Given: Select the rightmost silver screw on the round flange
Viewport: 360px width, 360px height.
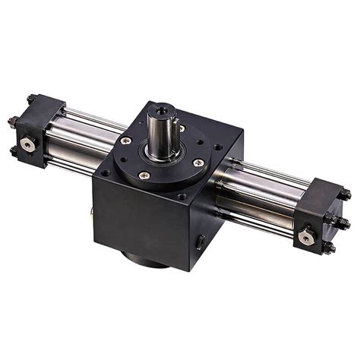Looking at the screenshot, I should click(x=199, y=162).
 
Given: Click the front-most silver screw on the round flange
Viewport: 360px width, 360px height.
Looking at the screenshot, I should click(x=144, y=175).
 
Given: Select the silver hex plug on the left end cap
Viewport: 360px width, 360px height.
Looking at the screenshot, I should click(x=28, y=143).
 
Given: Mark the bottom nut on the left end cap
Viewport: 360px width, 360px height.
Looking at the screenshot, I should click(x=13, y=152).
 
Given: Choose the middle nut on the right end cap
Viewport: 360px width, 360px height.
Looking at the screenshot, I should click(x=343, y=222).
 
